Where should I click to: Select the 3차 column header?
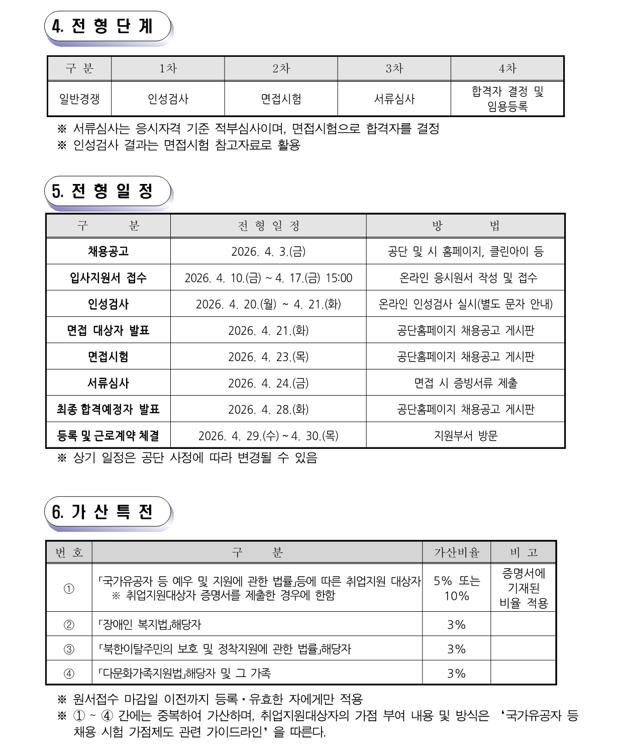pyautogui.click(x=394, y=68)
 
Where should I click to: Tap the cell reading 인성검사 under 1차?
pyautogui.click(x=168, y=99)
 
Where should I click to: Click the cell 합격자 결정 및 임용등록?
pyautogui.click(x=507, y=99)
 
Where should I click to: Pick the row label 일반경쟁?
pyautogui.click(x=79, y=99)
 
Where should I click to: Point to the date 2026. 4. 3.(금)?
pyautogui.click(x=268, y=251)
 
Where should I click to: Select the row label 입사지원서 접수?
pyautogui.click(x=108, y=277)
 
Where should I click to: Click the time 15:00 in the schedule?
pyautogui.click(x=339, y=278)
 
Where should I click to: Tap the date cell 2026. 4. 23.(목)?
pyautogui.click(x=268, y=357)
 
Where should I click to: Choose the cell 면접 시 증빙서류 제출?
pyautogui.click(x=465, y=383)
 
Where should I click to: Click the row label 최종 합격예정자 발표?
pyautogui.click(x=108, y=409)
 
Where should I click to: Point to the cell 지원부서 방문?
pyautogui.click(x=465, y=435)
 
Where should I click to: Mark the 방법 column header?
pyautogui.click(x=465, y=226)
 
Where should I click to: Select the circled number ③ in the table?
pyautogui.click(x=69, y=649)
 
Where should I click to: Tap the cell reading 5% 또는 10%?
pyautogui.click(x=456, y=588)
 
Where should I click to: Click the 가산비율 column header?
pyautogui.click(x=456, y=552)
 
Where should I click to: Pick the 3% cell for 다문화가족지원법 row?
pyautogui.click(x=456, y=673)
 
